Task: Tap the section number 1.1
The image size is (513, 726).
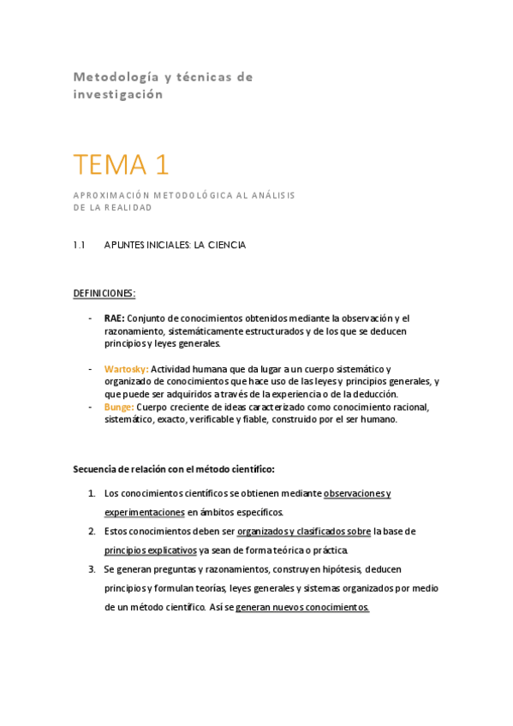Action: [x=80, y=245]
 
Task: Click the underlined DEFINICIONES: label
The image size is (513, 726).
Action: [x=104, y=294]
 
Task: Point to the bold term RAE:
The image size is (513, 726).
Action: [x=114, y=318]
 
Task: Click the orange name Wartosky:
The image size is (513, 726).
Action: [x=126, y=369]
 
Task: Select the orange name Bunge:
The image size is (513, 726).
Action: [x=119, y=407]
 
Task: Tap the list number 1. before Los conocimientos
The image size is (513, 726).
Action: [x=92, y=494]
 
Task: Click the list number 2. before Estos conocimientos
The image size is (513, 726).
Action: [x=92, y=532]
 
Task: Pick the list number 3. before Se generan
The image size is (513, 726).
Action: [x=92, y=569]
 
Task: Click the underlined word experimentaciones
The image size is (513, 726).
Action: [x=144, y=513]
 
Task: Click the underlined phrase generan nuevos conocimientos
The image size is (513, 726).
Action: [x=302, y=607]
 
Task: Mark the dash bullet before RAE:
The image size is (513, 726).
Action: [x=92, y=318]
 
